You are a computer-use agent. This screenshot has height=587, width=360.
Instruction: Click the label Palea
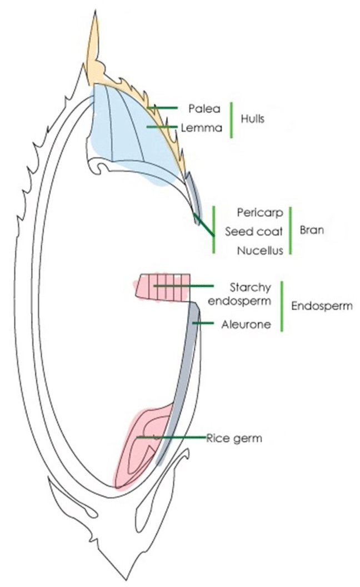click(x=204, y=108)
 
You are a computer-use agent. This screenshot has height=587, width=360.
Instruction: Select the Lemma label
click(x=202, y=128)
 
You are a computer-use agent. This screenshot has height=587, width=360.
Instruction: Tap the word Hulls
click(x=252, y=118)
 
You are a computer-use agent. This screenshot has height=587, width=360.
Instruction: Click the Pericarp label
click(x=260, y=212)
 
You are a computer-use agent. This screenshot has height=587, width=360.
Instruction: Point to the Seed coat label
click(x=254, y=231)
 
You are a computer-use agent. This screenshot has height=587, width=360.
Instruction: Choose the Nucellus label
click(x=259, y=251)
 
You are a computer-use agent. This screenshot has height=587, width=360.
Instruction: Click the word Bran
click(x=312, y=231)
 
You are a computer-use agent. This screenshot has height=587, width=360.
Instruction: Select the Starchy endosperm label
click(x=250, y=295)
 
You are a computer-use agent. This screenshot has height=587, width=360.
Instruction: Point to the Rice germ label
click(x=233, y=439)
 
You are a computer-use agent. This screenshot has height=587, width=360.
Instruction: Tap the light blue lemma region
click(x=128, y=133)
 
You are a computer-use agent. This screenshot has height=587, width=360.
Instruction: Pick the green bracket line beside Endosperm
click(x=282, y=306)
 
